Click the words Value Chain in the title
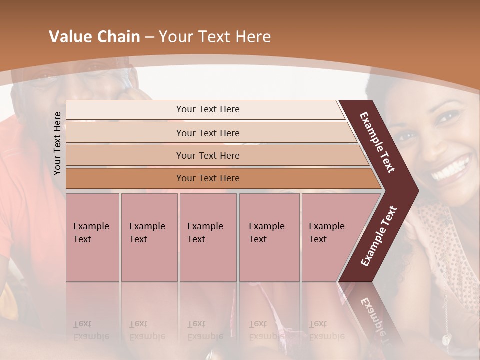[x=94, y=37]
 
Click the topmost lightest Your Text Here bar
[x=208, y=109]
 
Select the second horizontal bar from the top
[x=208, y=133]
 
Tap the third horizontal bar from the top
[x=208, y=155]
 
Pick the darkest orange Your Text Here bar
[x=208, y=178]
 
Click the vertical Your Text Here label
[x=58, y=143]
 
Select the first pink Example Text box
[x=92, y=237]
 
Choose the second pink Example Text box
[x=149, y=237]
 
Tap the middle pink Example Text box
[x=207, y=237]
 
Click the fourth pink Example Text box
[x=269, y=237]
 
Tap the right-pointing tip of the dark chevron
[x=413, y=190]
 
